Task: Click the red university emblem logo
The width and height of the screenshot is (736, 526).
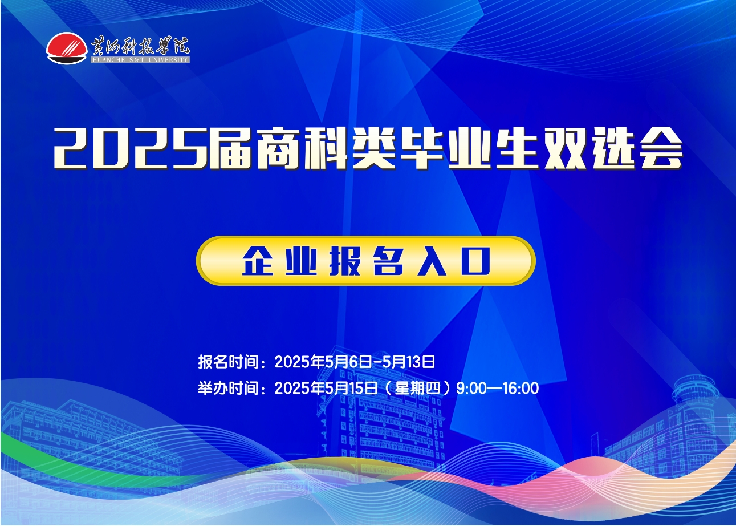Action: tap(67, 48)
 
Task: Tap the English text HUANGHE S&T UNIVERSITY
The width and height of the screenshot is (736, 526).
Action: tap(140, 59)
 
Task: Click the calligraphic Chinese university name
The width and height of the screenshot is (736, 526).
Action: tap(140, 46)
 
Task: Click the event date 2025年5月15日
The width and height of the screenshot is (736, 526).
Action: tap(326, 389)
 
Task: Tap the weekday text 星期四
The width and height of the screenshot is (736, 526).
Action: tap(417, 389)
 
